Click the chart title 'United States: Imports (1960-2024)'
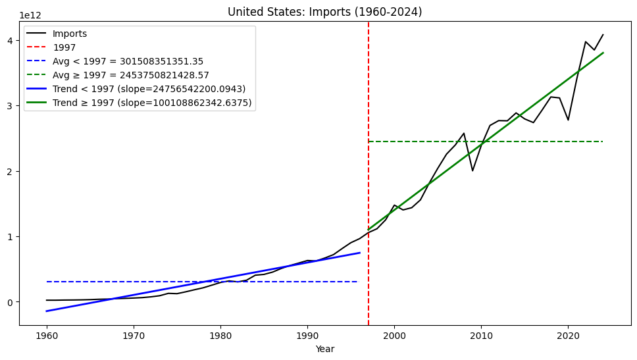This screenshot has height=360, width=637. pyautogui.click(x=324, y=12)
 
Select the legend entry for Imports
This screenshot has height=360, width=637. pyautogui.click(x=70, y=34)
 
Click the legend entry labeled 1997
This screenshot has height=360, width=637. pyautogui.click(x=64, y=47)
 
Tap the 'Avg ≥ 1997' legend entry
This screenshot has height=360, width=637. pyautogui.click(x=132, y=75)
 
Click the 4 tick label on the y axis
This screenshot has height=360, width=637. pyautogui.click(x=11, y=40)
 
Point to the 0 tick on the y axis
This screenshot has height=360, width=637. pyautogui.click(x=11, y=302)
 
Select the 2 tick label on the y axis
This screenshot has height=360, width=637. pyautogui.click(x=11, y=171)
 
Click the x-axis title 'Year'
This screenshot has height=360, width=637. pyautogui.click(x=324, y=349)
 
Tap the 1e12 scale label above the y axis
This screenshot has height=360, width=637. pyautogui.click(x=30, y=15)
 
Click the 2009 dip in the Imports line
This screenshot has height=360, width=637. pyautogui.click(x=472, y=170)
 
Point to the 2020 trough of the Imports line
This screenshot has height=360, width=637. pyautogui.click(x=568, y=120)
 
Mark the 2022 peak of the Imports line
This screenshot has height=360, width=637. pyautogui.click(x=586, y=41)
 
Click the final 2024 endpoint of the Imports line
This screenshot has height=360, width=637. pyautogui.click(x=603, y=34)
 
